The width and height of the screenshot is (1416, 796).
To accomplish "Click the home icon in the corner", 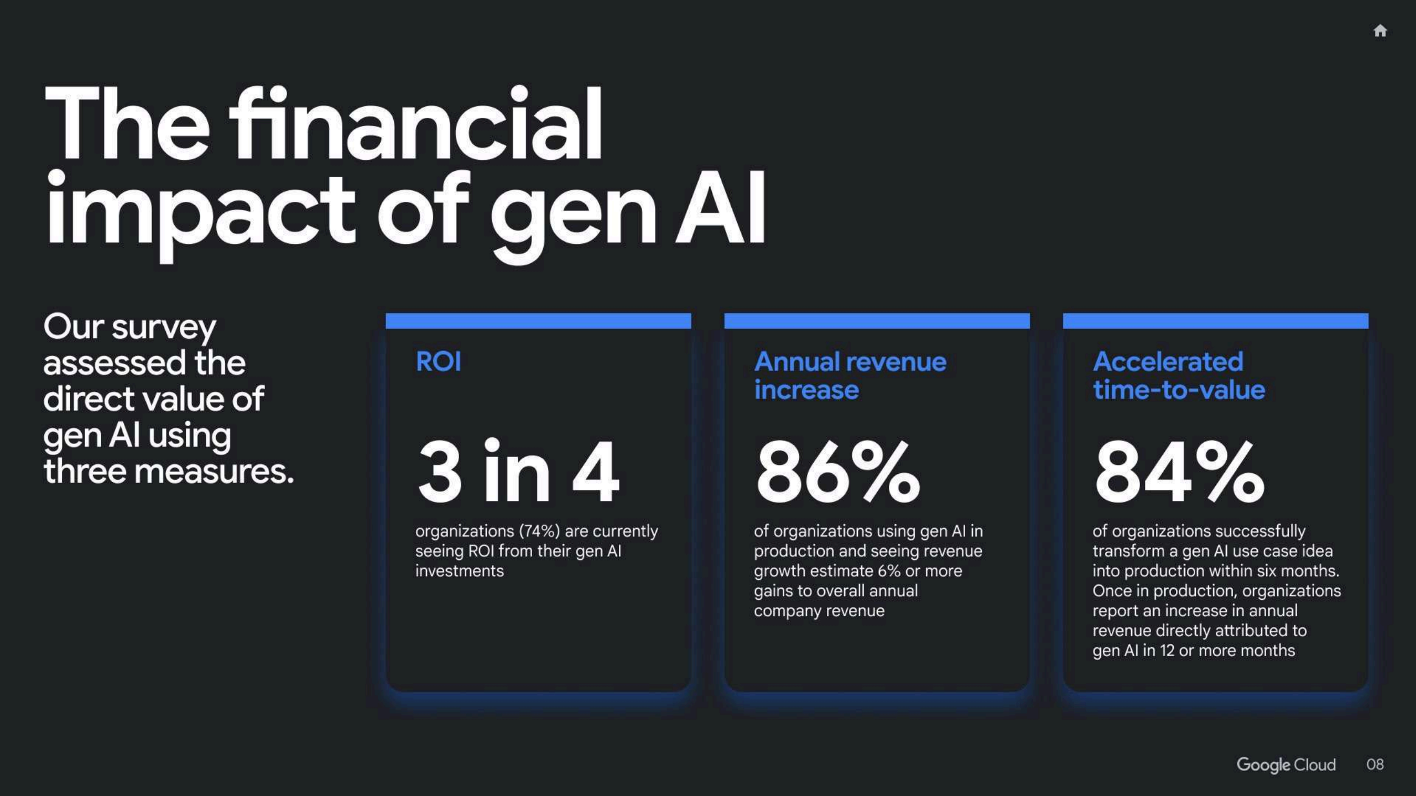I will pyautogui.click(x=1380, y=31).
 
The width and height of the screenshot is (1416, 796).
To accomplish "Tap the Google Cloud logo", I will pyautogui.click(x=1286, y=764).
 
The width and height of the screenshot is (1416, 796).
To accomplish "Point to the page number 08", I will pyautogui.click(x=1375, y=764).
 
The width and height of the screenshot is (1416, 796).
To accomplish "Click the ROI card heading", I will pyautogui.click(x=438, y=362).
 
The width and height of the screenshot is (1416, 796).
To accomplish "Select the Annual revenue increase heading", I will pyautogui.click(x=850, y=376).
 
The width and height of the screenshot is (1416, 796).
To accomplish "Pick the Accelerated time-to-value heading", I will pyautogui.click(x=1179, y=376).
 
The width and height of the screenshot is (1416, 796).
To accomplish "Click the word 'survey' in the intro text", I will pyautogui.click(x=164, y=328).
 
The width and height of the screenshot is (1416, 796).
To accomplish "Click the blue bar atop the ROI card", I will pyautogui.click(x=538, y=321).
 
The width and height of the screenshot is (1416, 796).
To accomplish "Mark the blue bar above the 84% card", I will pyautogui.click(x=1215, y=321).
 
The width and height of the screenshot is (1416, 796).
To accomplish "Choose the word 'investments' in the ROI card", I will pyautogui.click(x=460, y=571).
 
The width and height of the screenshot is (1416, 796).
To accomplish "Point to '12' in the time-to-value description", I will pyautogui.click(x=1167, y=651).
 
